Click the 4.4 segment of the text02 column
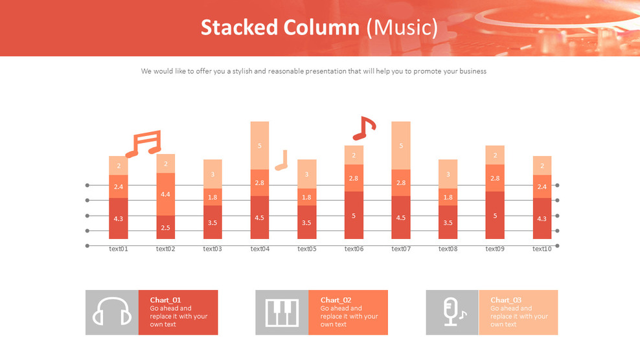(x=165, y=194)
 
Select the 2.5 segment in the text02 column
(x=165, y=227)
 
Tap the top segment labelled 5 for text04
(x=260, y=146)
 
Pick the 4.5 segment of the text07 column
(x=401, y=218)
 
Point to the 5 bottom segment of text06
(x=354, y=215)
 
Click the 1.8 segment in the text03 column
(x=212, y=197)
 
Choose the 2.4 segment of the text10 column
(x=542, y=186)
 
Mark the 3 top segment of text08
(x=448, y=174)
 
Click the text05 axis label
(x=307, y=249)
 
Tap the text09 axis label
(x=495, y=249)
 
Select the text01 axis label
(x=119, y=249)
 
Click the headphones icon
(x=112, y=312)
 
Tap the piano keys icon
(x=282, y=312)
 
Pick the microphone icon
(x=452, y=312)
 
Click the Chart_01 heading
(x=165, y=300)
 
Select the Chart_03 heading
(x=506, y=300)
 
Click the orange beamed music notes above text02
(x=144, y=144)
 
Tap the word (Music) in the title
(x=402, y=28)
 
